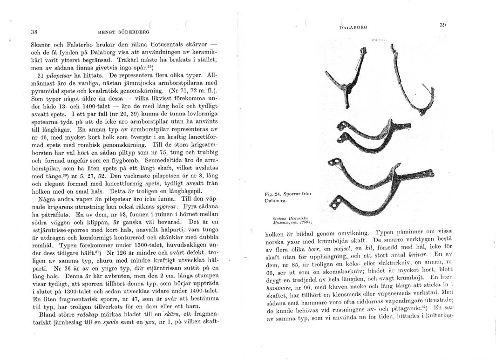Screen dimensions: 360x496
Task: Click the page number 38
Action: point(34,33)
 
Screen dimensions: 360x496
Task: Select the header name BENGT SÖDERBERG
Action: point(123,33)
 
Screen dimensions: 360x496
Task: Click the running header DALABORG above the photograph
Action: point(353,27)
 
